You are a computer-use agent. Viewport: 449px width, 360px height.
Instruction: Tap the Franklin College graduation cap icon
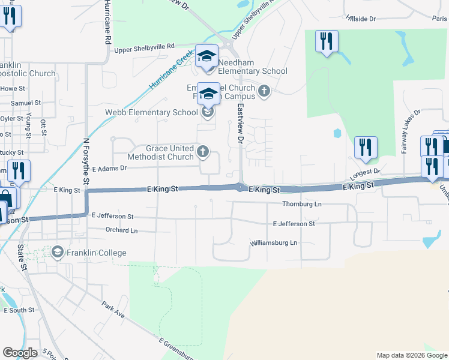coord(58,252)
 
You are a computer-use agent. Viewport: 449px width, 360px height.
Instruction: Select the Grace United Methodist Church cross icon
coord(203,152)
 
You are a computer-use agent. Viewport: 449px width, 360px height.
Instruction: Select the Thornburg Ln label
coord(302,204)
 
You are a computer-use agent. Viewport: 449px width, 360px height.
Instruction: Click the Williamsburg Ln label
coord(274,243)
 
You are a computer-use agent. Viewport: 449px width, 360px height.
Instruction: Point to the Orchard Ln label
coord(121,230)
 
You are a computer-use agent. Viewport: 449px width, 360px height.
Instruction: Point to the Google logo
coord(20,353)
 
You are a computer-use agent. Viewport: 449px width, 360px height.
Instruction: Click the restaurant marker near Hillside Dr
coord(327,42)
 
